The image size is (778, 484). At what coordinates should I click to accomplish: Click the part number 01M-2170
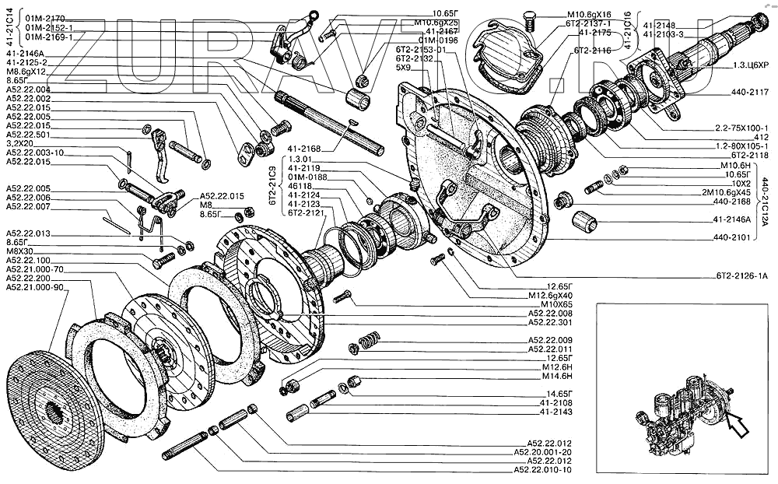pyautogui.click(x=47, y=16)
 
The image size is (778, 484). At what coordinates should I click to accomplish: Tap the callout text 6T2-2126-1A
pyautogui.click(x=741, y=275)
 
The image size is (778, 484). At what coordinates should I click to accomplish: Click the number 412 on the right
pyautogui.click(x=759, y=137)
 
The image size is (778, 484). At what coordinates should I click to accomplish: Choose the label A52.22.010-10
pyautogui.click(x=541, y=470)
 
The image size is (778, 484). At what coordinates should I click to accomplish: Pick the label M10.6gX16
pyautogui.click(x=590, y=15)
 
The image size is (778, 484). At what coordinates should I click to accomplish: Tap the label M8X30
pyautogui.click(x=23, y=251)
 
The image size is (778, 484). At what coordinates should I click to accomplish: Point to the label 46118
pyautogui.click(x=300, y=188)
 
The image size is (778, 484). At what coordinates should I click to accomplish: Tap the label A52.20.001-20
pyautogui.click(x=543, y=451)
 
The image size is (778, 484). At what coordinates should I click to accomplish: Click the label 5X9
pyautogui.click(x=403, y=68)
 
